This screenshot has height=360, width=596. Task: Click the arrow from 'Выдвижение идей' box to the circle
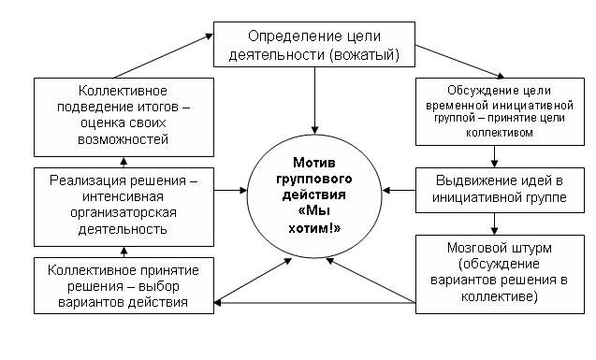pyautogui.click(x=400, y=190)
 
